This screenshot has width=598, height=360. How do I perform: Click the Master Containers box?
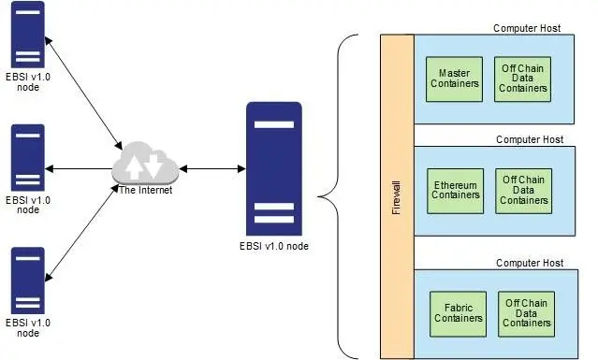point(455,79)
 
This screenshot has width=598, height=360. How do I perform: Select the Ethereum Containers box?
point(456,191)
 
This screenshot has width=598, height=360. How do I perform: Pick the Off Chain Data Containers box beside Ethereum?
point(523,191)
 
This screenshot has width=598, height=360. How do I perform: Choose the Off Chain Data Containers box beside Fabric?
point(527,313)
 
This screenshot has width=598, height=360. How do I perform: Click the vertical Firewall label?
point(396,195)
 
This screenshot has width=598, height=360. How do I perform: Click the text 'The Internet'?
point(145,191)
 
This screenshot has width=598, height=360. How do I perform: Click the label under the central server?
point(273,246)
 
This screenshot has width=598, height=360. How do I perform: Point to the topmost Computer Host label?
point(527,28)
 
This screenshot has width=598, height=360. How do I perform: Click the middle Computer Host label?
point(530,139)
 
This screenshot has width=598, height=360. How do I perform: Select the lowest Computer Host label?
point(530,263)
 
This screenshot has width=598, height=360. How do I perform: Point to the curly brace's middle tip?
point(321,196)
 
